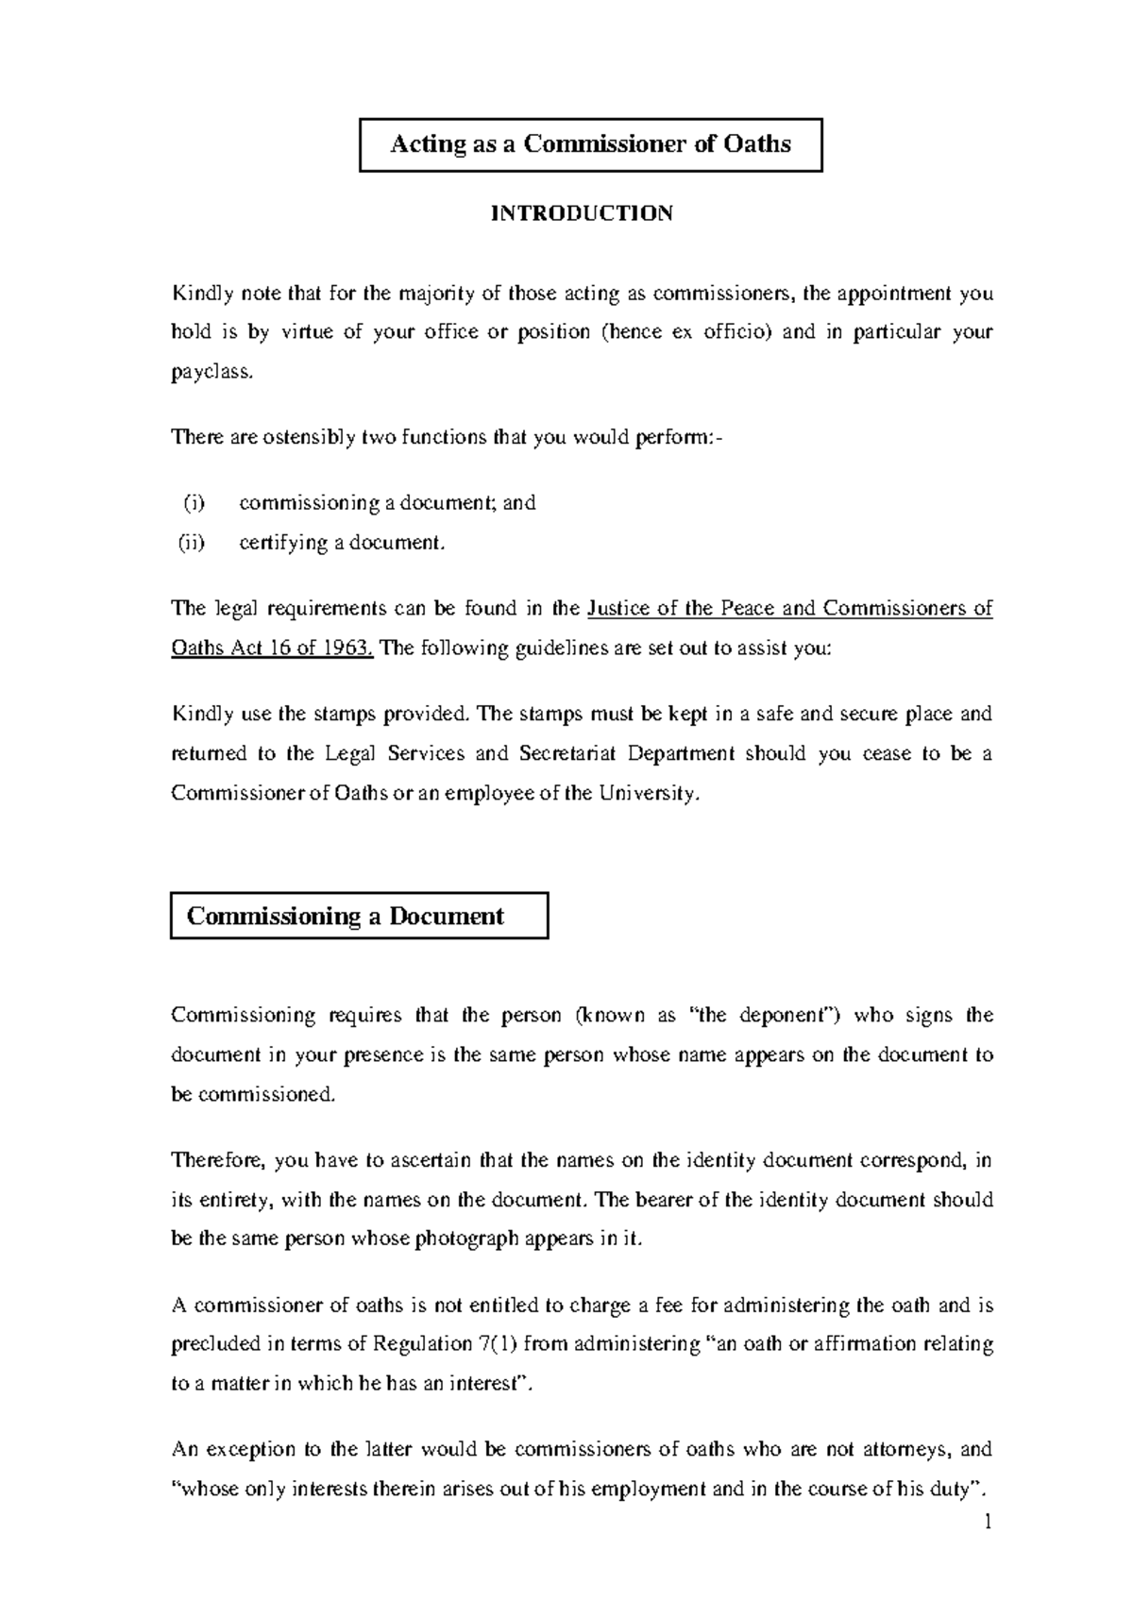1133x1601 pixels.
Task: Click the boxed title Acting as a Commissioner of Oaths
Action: pyautogui.click(x=590, y=144)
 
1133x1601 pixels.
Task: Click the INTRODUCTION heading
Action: pyautogui.click(x=581, y=213)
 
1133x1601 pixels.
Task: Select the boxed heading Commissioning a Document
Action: pyautogui.click(x=346, y=916)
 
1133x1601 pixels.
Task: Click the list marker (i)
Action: pyautogui.click(x=193, y=503)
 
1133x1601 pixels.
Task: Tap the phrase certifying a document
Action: pyautogui.click(x=341, y=543)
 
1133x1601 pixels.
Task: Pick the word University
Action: pyautogui.click(x=651, y=793)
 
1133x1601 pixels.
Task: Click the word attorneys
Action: pyautogui.click(x=909, y=1449)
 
